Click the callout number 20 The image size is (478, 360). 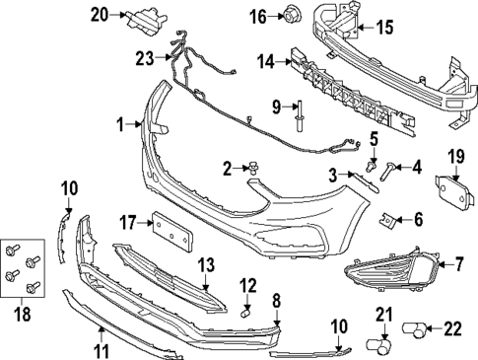coord(98,14)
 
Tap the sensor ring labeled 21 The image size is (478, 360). coord(376,345)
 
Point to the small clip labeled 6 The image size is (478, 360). coord(390,219)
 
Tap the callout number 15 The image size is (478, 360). coord(384,27)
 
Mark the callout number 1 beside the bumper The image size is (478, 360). coord(119,124)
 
